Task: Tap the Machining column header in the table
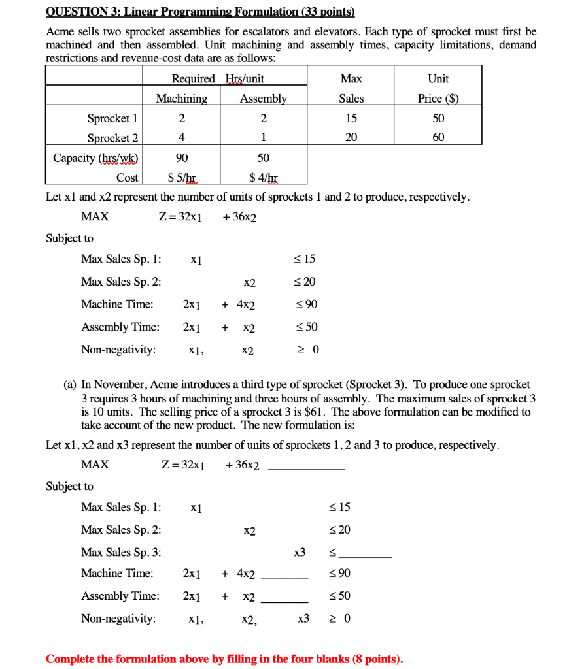[181, 99]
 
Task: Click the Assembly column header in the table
[263, 99]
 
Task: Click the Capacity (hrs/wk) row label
[95, 158]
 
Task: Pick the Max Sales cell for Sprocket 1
[351, 118]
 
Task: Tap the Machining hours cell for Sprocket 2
[181, 138]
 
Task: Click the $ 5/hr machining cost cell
[182, 177]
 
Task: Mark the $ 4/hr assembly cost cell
[263, 177]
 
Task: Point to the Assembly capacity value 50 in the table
[263, 158]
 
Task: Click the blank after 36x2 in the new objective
[306, 468]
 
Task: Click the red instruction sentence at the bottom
[224, 659]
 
